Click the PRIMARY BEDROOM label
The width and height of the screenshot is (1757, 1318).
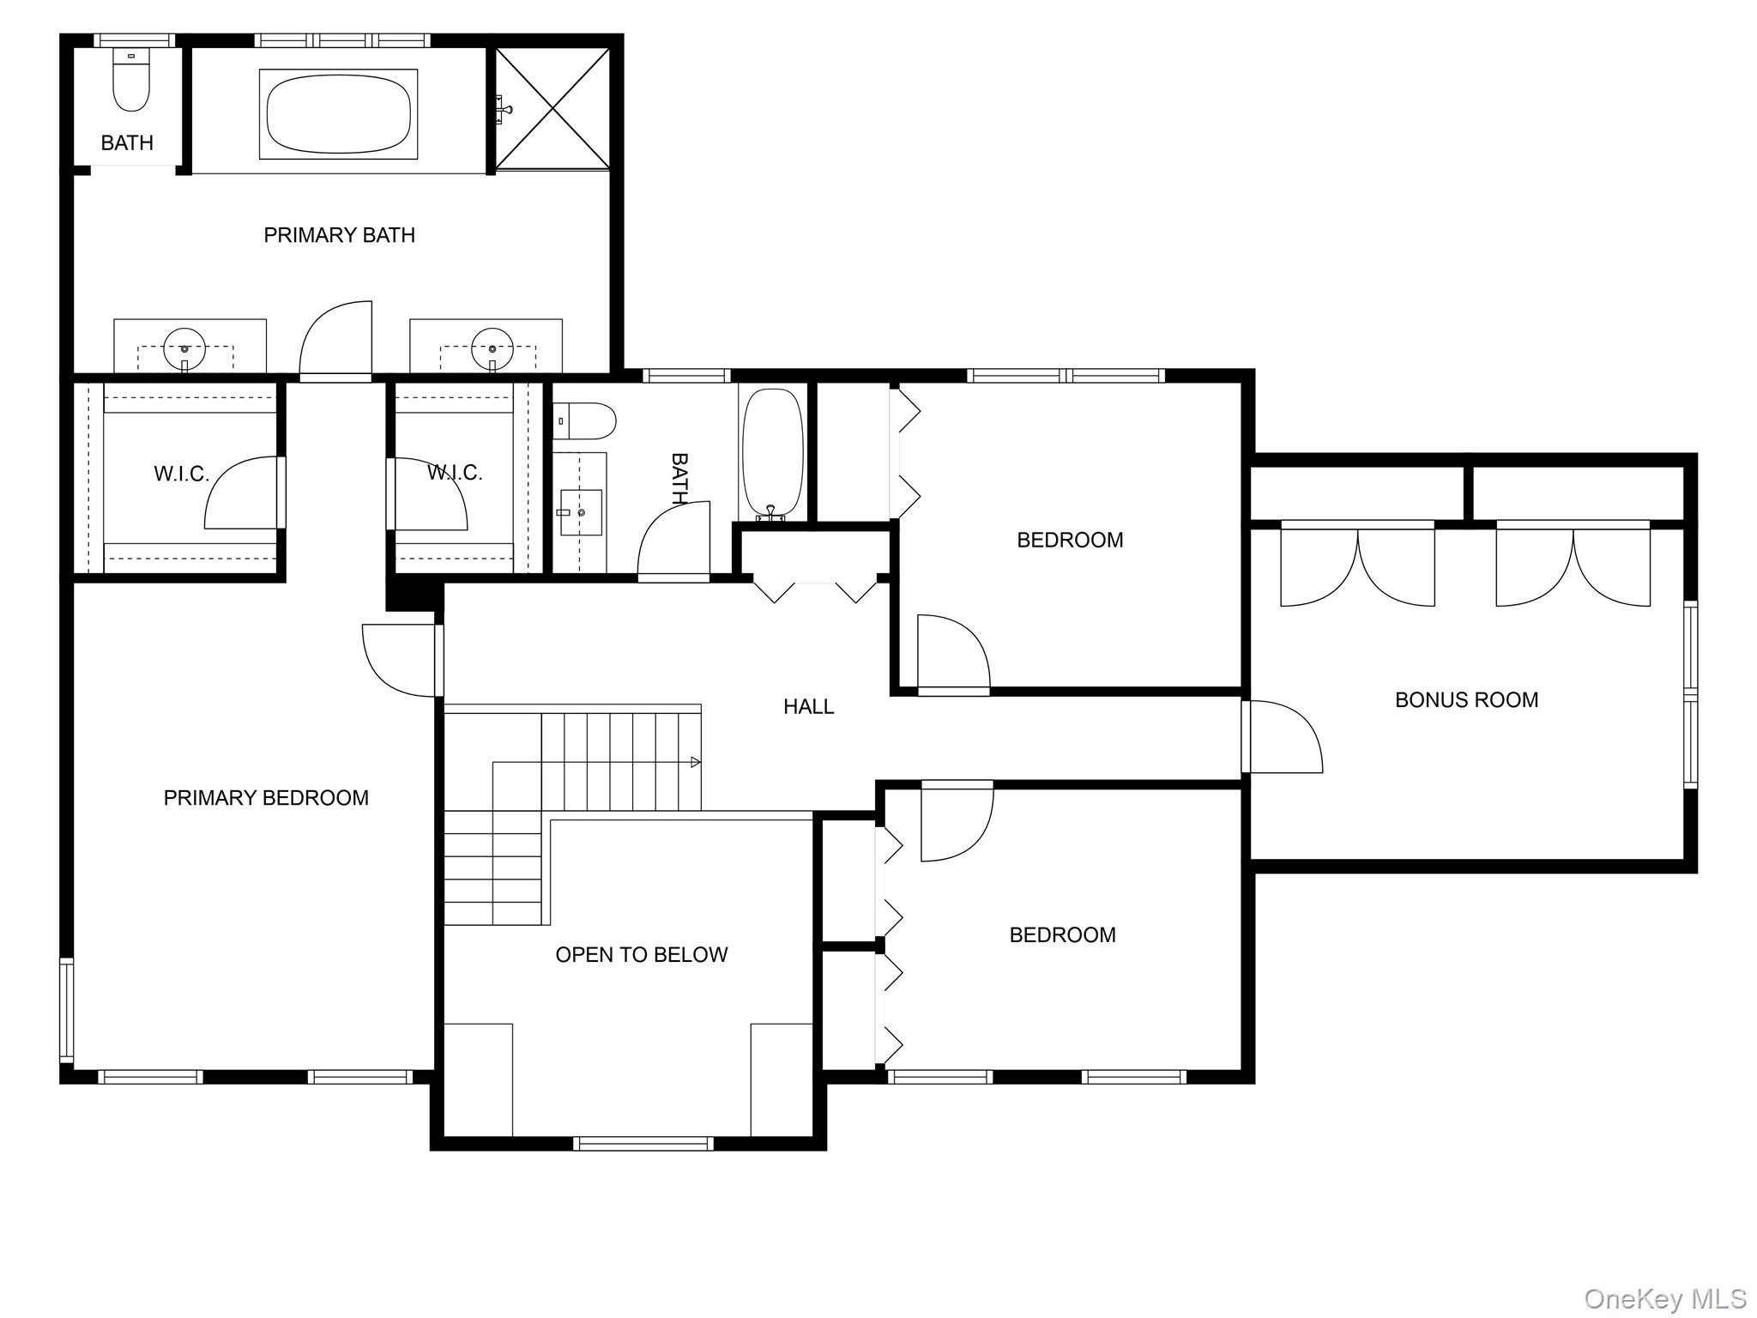[266, 798]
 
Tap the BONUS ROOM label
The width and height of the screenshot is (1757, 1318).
[1466, 700]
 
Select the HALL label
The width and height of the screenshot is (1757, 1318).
[808, 707]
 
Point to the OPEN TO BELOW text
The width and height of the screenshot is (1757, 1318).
[642, 955]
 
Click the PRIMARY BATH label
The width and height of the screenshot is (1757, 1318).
[339, 235]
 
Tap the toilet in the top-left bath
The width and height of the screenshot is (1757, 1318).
[131, 80]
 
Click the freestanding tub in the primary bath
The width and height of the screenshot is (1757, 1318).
[339, 114]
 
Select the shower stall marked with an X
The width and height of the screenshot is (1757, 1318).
[553, 108]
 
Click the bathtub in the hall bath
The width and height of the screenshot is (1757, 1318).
[773, 455]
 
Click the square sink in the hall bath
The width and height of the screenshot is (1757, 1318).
[581, 512]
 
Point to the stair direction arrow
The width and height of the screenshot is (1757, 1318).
[696, 762]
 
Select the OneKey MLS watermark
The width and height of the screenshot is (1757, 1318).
[1665, 1300]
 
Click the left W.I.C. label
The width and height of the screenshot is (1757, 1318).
[181, 474]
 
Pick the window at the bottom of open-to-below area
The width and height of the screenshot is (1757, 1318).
[643, 1143]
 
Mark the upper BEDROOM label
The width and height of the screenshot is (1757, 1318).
[1070, 541]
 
